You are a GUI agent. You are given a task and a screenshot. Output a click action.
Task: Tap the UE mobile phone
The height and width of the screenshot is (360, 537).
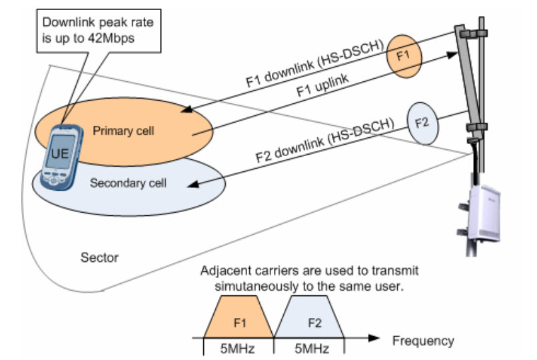point(61,156)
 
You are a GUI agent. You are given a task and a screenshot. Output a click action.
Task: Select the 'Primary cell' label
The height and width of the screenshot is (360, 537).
point(123,131)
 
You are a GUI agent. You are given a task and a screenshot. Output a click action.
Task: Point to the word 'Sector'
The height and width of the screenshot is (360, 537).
point(98,257)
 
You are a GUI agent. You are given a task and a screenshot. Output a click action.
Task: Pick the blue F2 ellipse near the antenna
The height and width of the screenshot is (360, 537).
point(422,123)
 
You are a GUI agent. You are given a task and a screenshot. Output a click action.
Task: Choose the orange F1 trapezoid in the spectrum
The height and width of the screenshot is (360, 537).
point(241,318)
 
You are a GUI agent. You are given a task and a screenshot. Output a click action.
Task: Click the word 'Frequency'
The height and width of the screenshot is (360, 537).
point(422,341)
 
